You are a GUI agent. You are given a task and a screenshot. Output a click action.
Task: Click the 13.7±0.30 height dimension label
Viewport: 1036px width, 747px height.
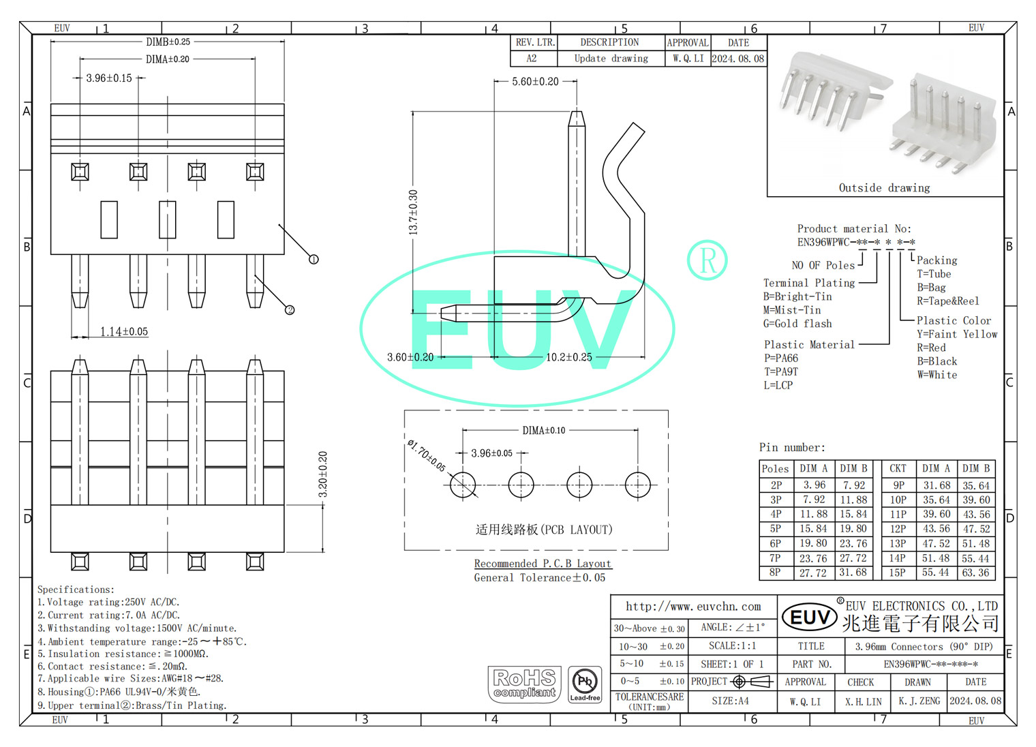click(413, 213)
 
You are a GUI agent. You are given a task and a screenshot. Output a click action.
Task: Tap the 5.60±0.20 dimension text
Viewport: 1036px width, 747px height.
click(535, 82)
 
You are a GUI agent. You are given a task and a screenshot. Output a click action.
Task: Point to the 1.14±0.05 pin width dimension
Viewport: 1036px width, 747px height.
click(124, 332)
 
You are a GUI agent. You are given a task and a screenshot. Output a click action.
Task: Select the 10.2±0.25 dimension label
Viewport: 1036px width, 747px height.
click(569, 357)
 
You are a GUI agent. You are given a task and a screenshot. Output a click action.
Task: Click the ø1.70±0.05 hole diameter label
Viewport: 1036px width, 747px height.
click(427, 455)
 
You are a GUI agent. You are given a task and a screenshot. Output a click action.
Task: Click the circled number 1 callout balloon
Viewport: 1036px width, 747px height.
click(314, 259)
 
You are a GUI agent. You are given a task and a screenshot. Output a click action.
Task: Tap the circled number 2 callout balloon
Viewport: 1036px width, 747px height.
click(290, 310)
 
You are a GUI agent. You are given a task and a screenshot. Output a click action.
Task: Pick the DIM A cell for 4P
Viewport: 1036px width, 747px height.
click(814, 515)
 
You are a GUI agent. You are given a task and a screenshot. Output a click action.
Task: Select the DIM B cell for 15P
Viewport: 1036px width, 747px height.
click(975, 573)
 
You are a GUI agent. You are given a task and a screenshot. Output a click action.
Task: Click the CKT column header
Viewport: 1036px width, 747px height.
click(898, 469)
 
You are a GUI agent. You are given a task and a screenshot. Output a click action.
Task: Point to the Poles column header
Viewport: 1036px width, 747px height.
click(775, 469)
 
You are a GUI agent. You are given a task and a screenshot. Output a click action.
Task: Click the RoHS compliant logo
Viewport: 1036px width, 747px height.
click(525, 684)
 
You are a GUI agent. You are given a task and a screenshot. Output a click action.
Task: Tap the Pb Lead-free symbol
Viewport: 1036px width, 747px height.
click(585, 684)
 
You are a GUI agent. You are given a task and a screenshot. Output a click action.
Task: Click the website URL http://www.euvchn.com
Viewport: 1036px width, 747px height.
click(693, 607)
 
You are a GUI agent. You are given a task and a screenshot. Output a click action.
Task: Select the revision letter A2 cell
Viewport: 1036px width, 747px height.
click(532, 59)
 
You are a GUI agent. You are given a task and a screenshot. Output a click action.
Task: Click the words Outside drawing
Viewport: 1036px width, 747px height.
click(884, 188)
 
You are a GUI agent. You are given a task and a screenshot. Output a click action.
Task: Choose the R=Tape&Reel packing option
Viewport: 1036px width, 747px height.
click(947, 301)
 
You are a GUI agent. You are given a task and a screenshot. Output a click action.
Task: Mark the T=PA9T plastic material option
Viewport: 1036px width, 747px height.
click(780, 372)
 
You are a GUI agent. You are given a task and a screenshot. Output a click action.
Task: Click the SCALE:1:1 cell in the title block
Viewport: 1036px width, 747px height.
click(732, 646)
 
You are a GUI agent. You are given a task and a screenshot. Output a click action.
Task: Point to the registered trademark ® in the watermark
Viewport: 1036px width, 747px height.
click(707, 260)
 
